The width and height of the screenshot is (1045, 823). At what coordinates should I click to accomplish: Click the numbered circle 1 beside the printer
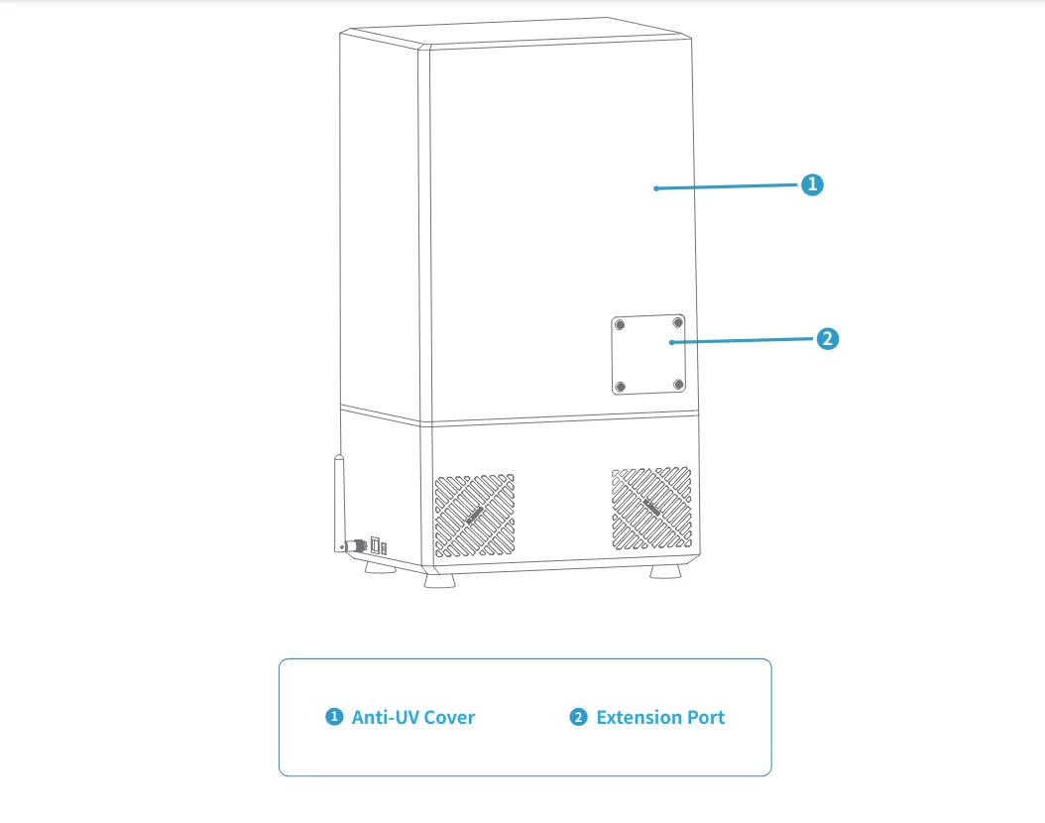pos(812,184)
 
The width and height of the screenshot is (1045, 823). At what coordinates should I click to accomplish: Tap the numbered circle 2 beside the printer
pos(828,339)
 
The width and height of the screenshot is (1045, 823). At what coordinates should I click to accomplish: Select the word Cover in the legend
pos(448,717)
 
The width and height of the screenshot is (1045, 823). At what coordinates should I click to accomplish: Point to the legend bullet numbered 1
pos(334,717)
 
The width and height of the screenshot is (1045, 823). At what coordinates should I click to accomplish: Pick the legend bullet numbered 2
pos(578,717)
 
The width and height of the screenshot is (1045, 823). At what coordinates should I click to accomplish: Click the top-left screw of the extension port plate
pos(620,325)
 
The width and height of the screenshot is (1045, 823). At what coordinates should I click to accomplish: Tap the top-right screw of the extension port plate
pos(678,321)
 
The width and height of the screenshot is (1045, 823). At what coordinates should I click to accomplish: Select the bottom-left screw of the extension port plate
pos(620,387)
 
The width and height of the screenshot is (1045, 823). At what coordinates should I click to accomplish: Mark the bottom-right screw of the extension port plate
pos(678,384)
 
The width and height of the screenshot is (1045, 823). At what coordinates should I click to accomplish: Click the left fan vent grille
pos(474,514)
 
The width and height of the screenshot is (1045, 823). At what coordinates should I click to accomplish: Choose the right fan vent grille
pos(651,508)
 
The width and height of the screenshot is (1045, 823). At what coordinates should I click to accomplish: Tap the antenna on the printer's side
pos(337,501)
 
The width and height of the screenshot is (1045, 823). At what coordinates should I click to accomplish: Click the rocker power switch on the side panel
pos(375,545)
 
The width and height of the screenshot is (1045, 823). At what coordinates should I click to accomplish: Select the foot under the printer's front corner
pos(438,581)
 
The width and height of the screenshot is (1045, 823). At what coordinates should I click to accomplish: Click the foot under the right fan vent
pos(665,573)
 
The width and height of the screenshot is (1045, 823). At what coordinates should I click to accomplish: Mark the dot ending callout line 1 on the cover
pos(656,187)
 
